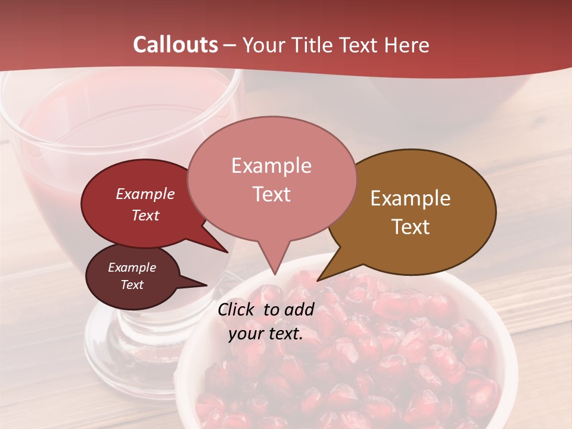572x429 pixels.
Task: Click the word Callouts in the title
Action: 175,45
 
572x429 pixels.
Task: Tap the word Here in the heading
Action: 406,45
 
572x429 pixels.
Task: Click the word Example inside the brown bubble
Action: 411,198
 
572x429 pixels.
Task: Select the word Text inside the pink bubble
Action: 271,194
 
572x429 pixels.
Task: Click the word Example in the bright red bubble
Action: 145,194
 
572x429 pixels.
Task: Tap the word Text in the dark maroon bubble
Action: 132,285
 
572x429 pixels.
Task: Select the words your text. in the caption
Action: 266,334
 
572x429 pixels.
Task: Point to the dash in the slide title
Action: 231,45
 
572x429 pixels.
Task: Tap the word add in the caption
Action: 299,309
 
